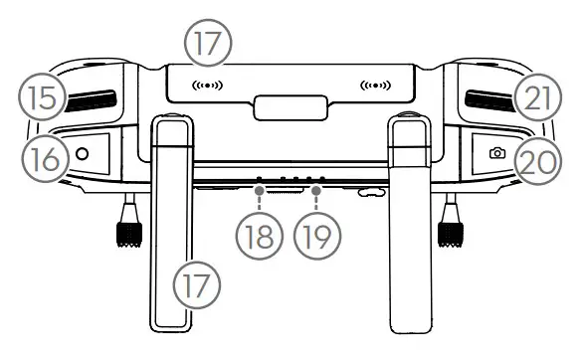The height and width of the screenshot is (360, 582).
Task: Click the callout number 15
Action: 37,99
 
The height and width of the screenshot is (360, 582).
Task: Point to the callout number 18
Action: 258,237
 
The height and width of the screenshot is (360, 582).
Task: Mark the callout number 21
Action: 538,99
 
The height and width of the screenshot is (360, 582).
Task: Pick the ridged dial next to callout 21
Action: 489,99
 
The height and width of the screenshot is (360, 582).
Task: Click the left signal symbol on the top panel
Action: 208,85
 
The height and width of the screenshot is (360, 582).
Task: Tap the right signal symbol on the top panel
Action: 376,85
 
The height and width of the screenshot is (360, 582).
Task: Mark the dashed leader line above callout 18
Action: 258,199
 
